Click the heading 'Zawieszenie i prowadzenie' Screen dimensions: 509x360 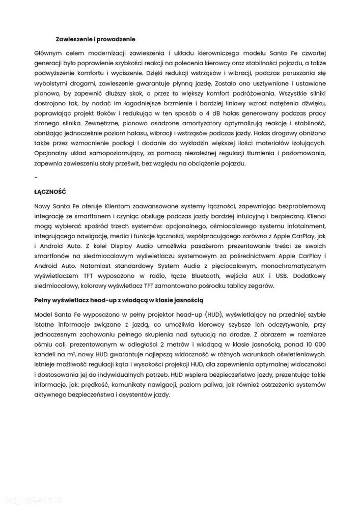click(95, 39)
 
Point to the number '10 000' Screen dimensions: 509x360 click(316, 343)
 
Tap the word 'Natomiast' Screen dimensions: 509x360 click(80, 265)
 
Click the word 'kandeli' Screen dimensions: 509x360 click(45, 354)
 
